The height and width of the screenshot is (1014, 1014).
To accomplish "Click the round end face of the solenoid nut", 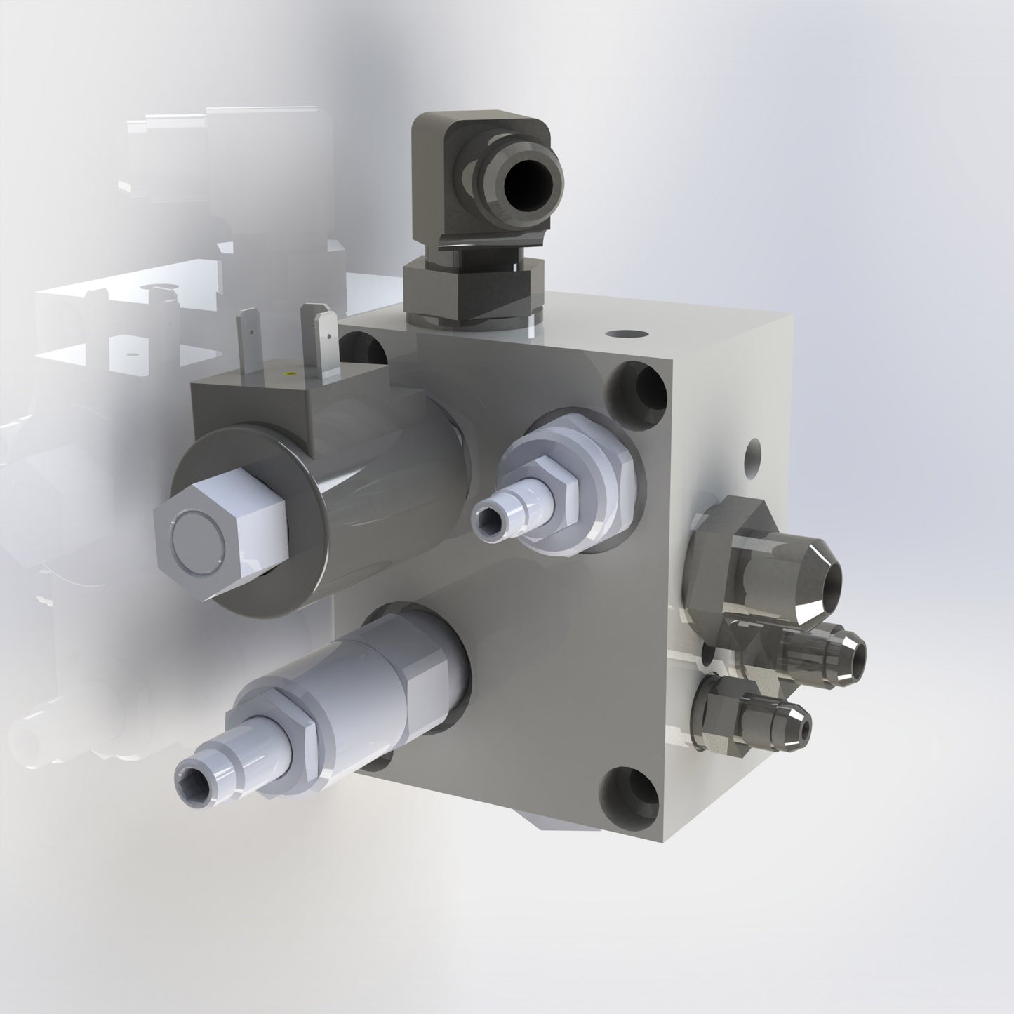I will click(199, 538).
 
